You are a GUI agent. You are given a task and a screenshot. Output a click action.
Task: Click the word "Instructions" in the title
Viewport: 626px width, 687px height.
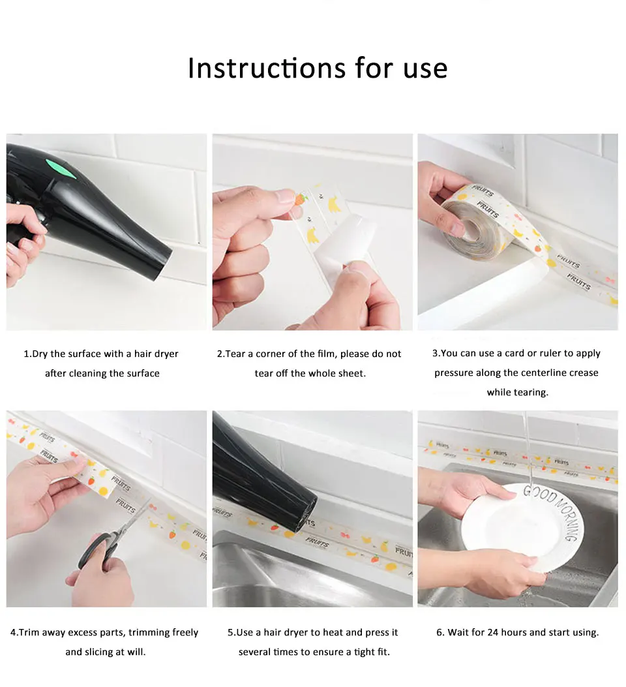coord(267,68)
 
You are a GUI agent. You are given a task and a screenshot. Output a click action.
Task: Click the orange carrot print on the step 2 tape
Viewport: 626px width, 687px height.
coord(301,199)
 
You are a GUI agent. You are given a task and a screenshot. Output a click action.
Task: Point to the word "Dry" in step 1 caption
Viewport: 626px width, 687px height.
coord(40,354)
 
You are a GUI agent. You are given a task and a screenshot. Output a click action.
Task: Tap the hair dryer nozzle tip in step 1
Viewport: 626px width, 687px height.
coord(160,264)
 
